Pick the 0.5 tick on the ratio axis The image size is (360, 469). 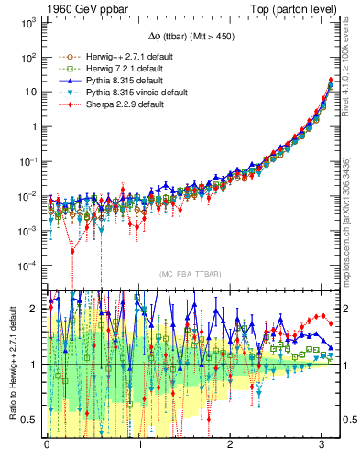point(30,420)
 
